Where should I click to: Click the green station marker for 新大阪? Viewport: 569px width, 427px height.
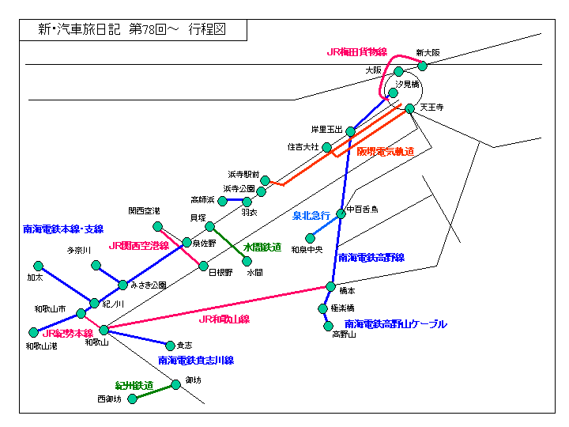(423, 66)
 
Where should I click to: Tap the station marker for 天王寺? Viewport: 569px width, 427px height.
(410, 108)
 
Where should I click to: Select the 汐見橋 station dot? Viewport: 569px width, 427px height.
(393, 93)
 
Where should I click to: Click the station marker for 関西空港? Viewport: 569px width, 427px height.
(158, 227)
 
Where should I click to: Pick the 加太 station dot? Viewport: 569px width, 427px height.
(38, 266)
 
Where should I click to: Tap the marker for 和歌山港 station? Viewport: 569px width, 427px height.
(33, 333)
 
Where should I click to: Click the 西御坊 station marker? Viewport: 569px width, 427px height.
(133, 399)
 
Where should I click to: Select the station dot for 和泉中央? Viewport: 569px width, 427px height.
(311, 239)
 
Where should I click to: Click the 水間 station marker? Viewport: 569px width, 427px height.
(247, 261)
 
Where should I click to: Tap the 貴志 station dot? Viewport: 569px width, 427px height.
(170, 345)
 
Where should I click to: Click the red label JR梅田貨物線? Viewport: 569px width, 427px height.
(356, 52)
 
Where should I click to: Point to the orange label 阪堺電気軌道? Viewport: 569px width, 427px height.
(385, 151)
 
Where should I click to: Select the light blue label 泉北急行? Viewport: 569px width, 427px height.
(311, 215)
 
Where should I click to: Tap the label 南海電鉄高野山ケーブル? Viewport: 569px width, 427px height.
(396, 324)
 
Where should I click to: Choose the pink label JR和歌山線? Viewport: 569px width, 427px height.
(224, 319)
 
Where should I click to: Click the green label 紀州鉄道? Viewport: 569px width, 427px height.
(134, 385)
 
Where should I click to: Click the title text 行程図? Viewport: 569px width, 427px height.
(208, 30)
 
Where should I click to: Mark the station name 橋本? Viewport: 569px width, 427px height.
(347, 291)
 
